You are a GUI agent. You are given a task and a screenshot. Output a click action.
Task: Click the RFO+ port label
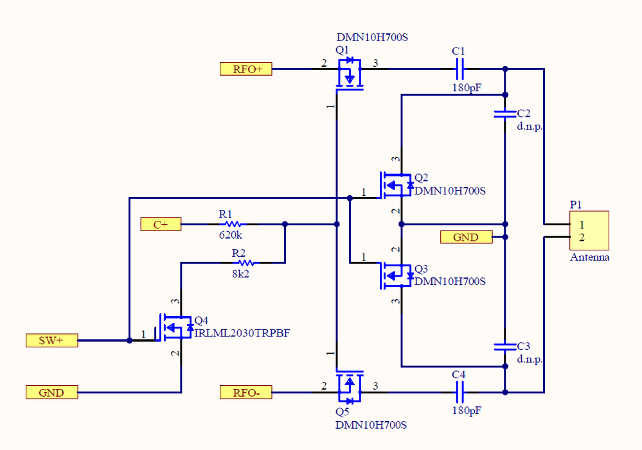pos(245,69)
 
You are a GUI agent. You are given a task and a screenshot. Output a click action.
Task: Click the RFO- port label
pos(245,392)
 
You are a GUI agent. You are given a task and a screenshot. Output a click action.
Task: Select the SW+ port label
pos(51,340)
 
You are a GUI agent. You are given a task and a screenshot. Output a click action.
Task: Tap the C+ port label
pos(161,224)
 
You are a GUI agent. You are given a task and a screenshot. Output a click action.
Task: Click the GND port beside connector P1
pos(466,237)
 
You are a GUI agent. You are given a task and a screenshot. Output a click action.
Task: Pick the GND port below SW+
pos(51,392)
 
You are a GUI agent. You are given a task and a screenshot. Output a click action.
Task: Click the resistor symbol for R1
pos(231,224)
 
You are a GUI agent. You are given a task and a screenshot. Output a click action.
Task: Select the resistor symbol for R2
pos(244,262)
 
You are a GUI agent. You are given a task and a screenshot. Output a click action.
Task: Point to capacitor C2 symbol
pos(504,114)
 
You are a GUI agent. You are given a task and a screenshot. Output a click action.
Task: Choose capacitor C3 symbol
pos(504,347)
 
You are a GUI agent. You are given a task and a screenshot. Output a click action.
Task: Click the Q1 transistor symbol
pos(349,73)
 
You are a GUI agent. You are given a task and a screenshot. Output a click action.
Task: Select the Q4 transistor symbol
pos(175,328)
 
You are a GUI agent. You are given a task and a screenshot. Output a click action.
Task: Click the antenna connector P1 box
pos(589,230)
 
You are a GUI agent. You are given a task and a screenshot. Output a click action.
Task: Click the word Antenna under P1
pos(589,257)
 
